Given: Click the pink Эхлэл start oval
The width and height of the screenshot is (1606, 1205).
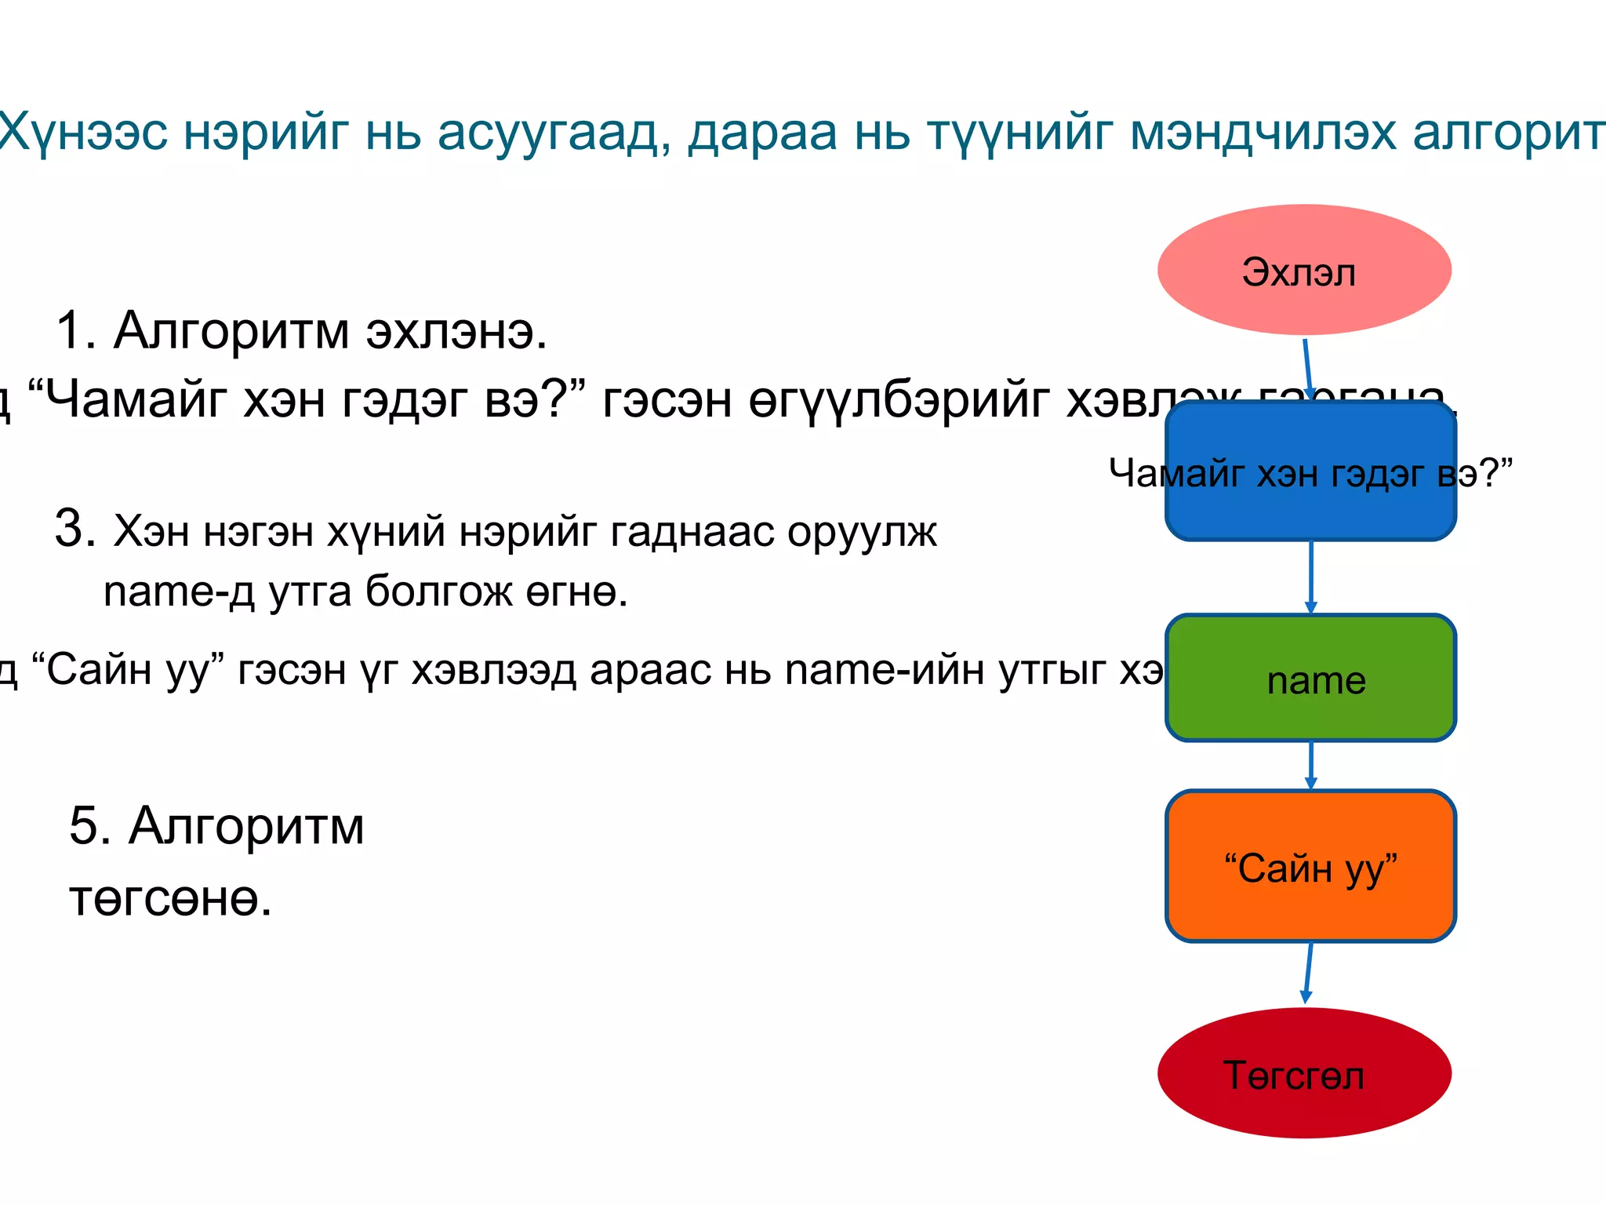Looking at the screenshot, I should tap(1303, 270).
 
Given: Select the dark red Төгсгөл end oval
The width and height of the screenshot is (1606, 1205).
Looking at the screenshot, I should tap(1303, 1073).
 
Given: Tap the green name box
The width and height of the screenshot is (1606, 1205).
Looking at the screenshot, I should tap(1310, 678).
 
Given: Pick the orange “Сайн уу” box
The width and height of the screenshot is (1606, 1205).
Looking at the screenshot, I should tap(1310, 866).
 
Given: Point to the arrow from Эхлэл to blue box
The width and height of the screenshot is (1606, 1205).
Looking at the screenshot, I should tap(1307, 369).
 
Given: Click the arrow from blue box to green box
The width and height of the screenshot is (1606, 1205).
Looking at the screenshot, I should tap(1310, 577).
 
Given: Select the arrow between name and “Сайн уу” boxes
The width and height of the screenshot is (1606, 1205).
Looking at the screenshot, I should tap(1310, 766).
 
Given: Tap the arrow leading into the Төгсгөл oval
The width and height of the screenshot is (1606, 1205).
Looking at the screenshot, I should tap(1308, 973).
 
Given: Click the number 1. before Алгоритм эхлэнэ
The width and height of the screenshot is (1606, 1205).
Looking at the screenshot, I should tap(76, 330).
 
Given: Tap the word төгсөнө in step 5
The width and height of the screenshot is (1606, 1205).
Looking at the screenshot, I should tap(170, 899).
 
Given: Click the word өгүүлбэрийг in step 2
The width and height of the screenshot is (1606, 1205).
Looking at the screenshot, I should tap(899, 401).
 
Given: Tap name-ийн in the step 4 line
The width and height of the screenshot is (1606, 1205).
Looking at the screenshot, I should tap(885, 670).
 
